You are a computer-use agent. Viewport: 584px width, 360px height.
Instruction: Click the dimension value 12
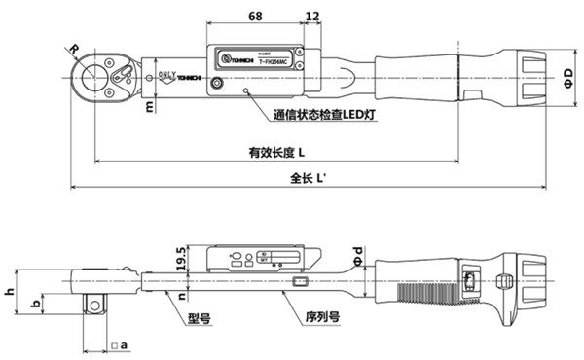[312, 16]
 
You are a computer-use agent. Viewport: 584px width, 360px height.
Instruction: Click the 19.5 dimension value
[180, 258]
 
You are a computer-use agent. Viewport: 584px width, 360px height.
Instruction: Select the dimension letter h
[9, 291]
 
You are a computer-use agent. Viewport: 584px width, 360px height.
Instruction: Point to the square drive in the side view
[94, 304]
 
